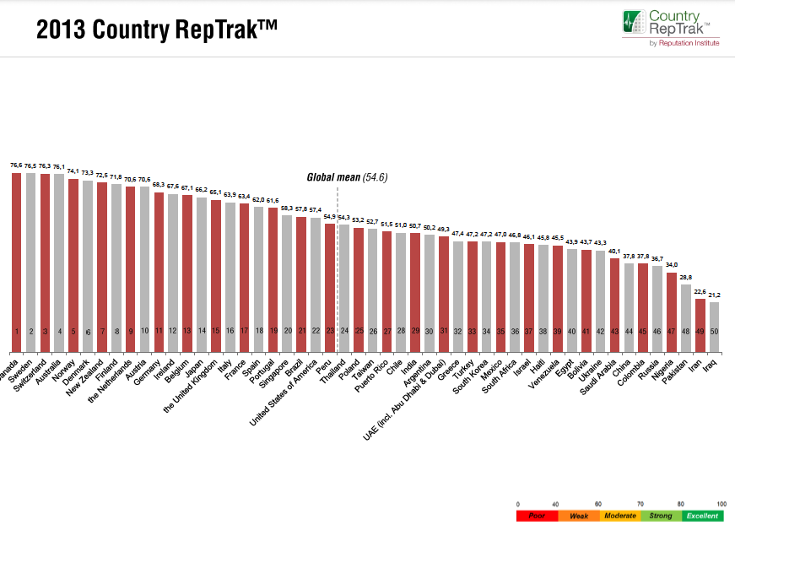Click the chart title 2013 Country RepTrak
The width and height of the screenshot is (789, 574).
click(x=157, y=30)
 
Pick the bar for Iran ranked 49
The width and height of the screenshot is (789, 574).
click(x=700, y=317)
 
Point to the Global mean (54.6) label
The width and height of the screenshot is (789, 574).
click(x=346, y=179)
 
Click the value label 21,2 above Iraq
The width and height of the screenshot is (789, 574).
click(x=714, y=295)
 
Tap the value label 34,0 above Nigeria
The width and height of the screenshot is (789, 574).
click(x=672, y=265)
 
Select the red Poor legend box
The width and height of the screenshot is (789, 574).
click(x=537, y=516)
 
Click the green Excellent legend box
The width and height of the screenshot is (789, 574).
click(x=703, y=516)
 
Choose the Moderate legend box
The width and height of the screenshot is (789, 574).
click(x=620, y=516)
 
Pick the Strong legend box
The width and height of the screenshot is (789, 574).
click(x=662, y=516)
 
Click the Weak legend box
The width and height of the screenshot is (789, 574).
click(x=579, y=516)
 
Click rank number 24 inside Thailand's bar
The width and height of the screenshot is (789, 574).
click(x=344, y=332)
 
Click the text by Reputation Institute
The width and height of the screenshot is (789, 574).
click(x=684, y=43)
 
